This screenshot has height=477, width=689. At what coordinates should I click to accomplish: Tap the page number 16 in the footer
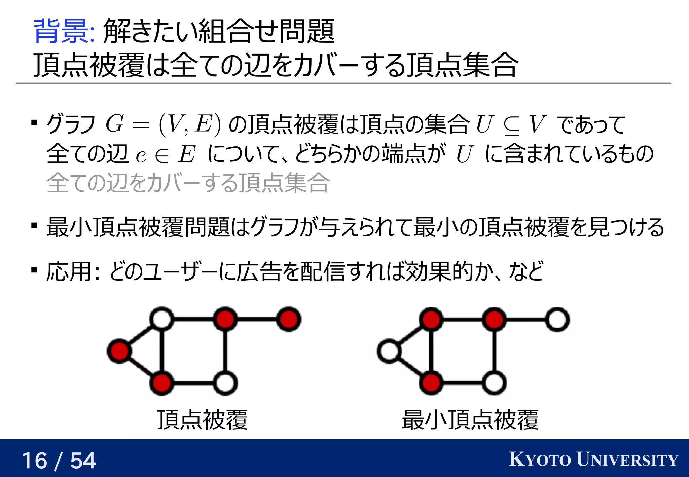pos(35,461)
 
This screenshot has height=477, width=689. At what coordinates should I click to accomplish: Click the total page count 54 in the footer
pos(83,461)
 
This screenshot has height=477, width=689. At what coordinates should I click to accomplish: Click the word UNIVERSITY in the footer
pos(627,460)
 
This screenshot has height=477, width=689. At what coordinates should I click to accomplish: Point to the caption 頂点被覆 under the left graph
pos(203,420)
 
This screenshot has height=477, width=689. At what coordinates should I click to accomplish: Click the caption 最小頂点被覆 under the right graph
pos(470,420)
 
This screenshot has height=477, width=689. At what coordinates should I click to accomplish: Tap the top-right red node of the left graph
pos(289,319)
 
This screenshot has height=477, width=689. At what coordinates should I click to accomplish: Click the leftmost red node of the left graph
pos(119,351)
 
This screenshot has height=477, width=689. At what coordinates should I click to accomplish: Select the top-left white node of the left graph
pos(162,319)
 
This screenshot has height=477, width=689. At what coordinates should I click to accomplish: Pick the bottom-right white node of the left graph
pos(225,383)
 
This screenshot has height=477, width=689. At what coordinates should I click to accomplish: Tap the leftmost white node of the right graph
pos(389,351)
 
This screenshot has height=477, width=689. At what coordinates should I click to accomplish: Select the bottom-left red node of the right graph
pos(431,383)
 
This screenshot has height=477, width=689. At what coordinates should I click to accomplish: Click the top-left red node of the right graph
pos(431,319)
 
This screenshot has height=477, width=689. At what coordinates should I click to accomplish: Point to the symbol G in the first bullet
pos(115,124)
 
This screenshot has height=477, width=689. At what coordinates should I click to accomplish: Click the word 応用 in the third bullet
pos(69,271)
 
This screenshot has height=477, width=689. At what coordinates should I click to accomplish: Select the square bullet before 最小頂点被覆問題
pos(34,225)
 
